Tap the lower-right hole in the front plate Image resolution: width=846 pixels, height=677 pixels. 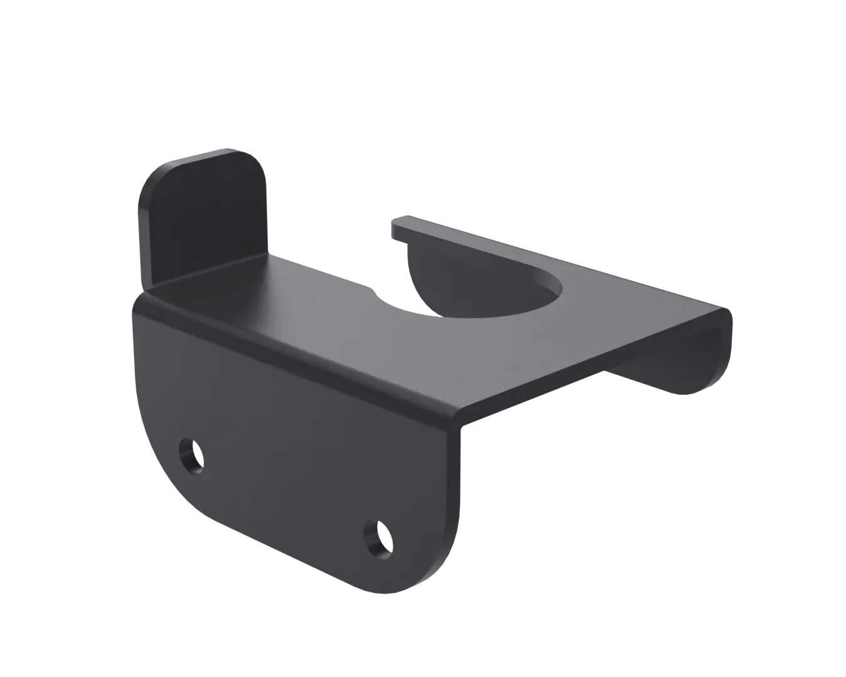pos(379,537)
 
